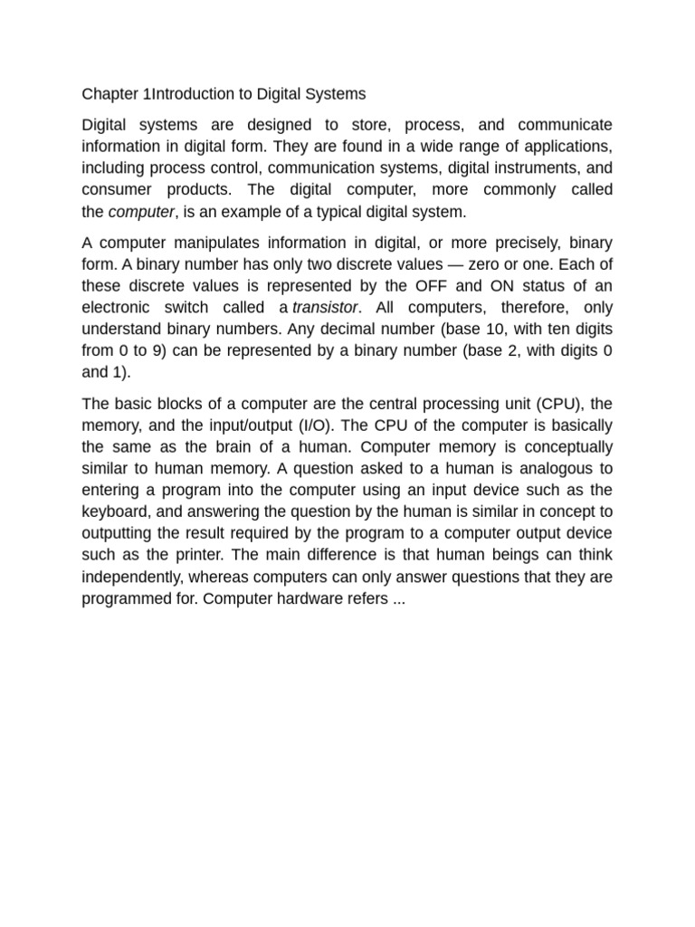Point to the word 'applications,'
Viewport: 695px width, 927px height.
pos(566,147)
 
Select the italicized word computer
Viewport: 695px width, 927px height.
pos(140,212)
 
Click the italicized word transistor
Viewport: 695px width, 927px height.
pos(326,308)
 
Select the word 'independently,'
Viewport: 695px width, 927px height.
pos(137,578)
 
